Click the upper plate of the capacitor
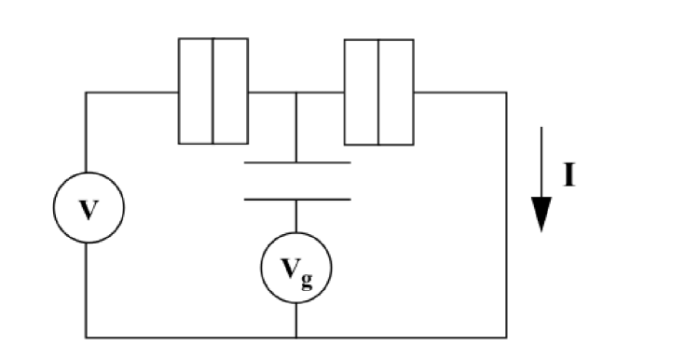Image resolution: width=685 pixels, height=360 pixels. pyautogui.click(x=296, y=163)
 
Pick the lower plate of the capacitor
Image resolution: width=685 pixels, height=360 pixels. pyautogui.click(x=296, y=199)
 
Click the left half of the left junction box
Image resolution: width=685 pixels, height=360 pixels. pyautogui.click(x=196, y=90)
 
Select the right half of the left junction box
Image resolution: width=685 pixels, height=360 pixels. pyautogui.click(x=230, y=90)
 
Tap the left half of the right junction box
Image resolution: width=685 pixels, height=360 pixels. pyautogui.click(x=362, y=90)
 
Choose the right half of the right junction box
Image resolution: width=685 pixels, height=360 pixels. pyautogui.click(x=395, y=90)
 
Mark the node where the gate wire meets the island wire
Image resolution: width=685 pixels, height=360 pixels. pyautogui.click(x=296, y=91)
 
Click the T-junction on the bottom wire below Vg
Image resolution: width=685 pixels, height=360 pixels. pyautogui.click(x=296, y=336)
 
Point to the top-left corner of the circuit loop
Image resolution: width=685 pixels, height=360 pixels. pyautogui.click(x=88, y=91)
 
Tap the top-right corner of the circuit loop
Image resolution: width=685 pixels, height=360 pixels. pyautogui.click(x=506, y=91)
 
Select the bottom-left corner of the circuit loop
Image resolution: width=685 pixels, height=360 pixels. pyautogui.click(x=88, y=336)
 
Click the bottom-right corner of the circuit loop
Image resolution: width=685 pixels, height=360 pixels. pyautogui.click(x=506, y=336)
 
